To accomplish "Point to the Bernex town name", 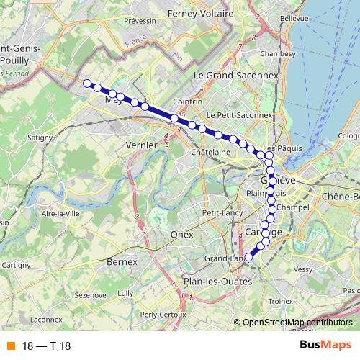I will pyautogui.click(x=121, y=262).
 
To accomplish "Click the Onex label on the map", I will pyautogui.click(x=178, y=235).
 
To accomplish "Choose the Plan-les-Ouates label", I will pyautogui.click(x=214, y=282).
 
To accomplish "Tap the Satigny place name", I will pyautogui.click(x=40, y=135).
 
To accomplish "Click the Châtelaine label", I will pyautogui.click(x=210, y=153).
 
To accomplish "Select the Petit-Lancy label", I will pyautogui.click(x=222, y=213).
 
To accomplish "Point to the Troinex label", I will pyautogui.click(x=280, y=301).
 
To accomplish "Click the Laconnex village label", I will pyautogui.click(x=47, y=319).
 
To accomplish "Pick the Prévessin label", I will pyautogui.click(x=140, y=22).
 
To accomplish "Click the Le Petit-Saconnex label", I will pyautogui.click(x=239, y=115).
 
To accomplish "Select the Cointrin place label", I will pyautogui.click(x=207, y=103).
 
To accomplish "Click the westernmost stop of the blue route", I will pyautogui.click(x=87, y=84).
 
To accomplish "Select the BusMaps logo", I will pyautogui.click(x=325, y=345).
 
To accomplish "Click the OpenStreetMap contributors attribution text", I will pyautogui.click(x=297, y=322).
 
